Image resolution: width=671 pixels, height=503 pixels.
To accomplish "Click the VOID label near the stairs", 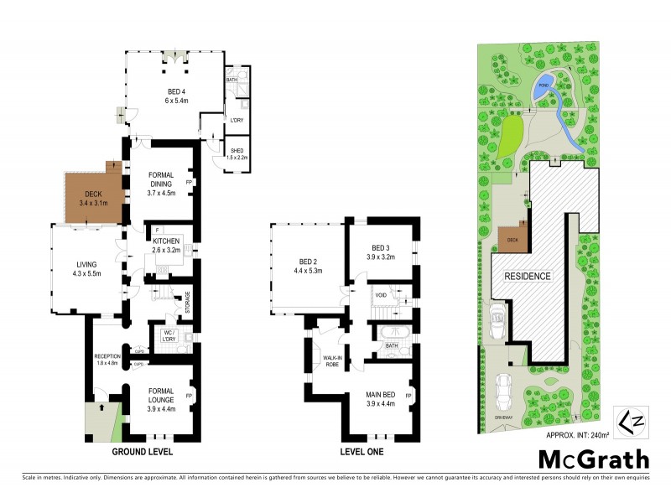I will (381, 295).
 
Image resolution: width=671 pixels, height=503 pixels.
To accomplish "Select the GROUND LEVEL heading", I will (143, 452).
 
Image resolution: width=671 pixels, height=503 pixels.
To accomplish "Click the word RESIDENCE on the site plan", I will (527, 276).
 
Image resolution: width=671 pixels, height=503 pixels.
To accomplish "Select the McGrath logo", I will (593, 459).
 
